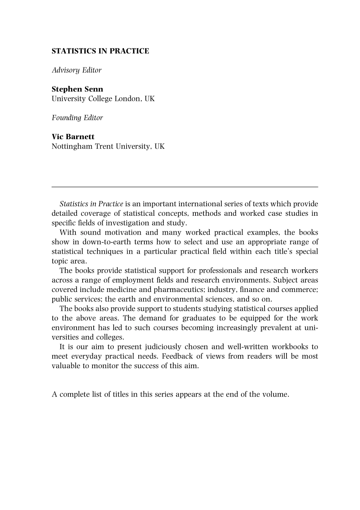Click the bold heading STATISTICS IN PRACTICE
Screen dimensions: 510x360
[x=100, y=51]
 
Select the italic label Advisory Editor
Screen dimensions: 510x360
[x=77, y=70]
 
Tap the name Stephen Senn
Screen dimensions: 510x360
[x=77, y=89]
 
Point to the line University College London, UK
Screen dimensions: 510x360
[x=103, y=99]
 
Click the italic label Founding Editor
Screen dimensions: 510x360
[x=77, y=118]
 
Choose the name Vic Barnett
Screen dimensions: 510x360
[x=73, y=137]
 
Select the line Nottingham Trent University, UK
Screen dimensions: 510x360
[x=108, y=146]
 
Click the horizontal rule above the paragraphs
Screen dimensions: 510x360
[x=185, y=187]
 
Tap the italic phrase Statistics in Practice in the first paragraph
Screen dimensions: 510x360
[x=91, y=204]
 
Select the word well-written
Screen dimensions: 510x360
[x=247, y=347]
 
